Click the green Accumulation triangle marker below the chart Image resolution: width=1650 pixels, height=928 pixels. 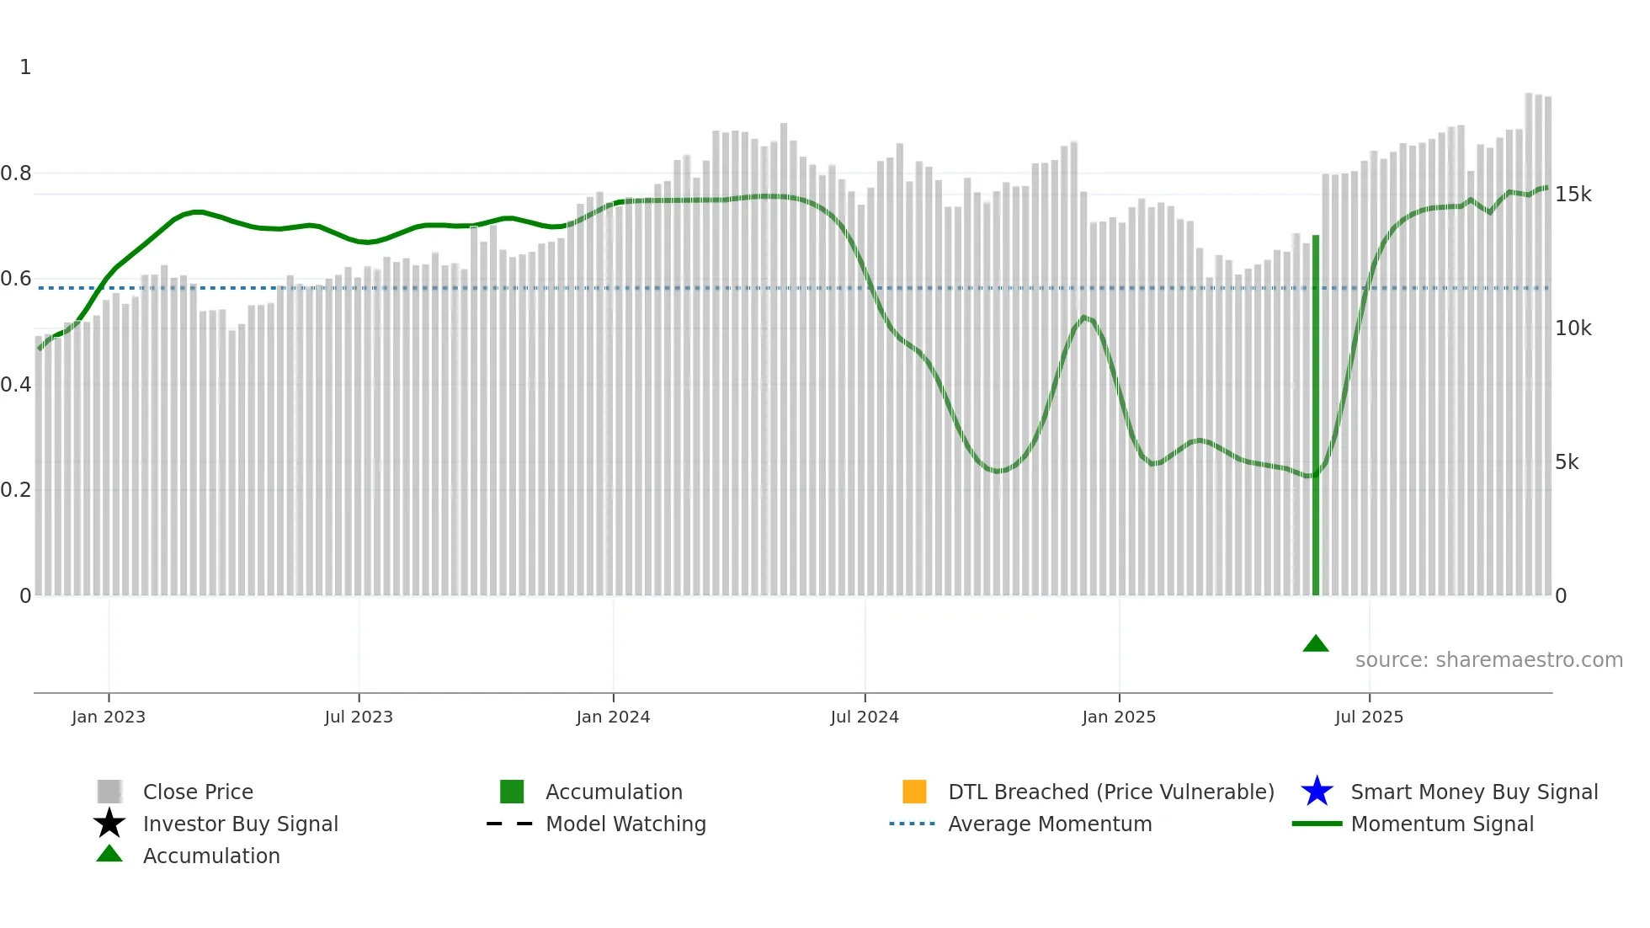[1315, 644]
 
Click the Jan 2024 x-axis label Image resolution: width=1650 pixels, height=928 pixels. [613, 717]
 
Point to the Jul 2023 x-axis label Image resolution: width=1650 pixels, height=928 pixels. [359, 717]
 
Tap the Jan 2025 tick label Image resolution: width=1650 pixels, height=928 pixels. [1119, 717]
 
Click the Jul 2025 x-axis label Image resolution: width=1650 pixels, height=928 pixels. [1369, 717]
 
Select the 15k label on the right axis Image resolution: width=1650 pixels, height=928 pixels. [1573, 195]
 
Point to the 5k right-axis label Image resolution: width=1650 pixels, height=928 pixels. [1567, 462]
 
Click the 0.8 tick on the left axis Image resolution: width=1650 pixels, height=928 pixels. [16, 173]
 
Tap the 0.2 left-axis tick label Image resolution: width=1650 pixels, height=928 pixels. [16, 490]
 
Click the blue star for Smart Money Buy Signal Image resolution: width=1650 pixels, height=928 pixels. [1317, 792]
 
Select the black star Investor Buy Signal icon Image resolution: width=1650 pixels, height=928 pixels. [109, 824]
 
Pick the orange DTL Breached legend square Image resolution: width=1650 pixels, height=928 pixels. [914, 792]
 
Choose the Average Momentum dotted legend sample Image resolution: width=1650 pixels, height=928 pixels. [912, 824]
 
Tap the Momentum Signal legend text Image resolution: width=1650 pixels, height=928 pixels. [1441, 824]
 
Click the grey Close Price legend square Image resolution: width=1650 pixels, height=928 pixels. [109, 792]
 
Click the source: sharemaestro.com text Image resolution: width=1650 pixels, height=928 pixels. [1488, 660]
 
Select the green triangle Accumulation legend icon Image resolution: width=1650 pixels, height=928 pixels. [109, 855]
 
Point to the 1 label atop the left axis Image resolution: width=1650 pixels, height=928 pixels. [25, 67]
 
